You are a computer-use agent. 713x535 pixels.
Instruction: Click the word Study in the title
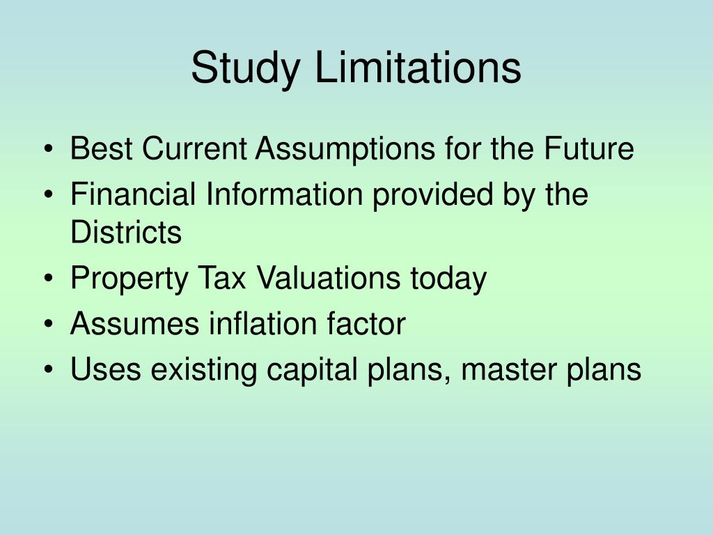(x=246, y=69)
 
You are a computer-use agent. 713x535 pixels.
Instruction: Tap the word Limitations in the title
(x=417, y=68)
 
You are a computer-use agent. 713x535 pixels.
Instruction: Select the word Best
(x=94, y=149)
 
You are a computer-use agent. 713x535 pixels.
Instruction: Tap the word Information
(x=283, y=194)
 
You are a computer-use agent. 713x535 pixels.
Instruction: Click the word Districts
(x=125, y=232)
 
